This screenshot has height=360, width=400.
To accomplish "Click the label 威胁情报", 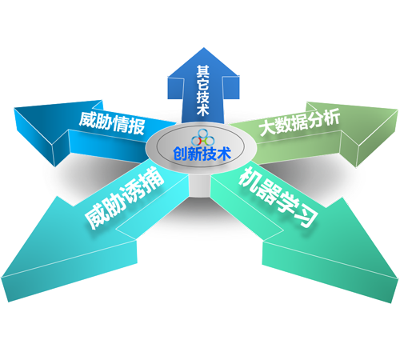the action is [112, 123].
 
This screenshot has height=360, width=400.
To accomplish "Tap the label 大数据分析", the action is [300, 122].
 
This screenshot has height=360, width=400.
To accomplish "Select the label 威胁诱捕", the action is [124, 198].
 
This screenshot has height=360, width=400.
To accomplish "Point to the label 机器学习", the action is [278, 197].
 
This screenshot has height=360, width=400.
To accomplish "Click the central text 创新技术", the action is [202, 154].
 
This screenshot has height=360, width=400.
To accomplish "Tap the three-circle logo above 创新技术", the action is [202, 138].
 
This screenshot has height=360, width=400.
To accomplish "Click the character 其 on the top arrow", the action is [203, 72].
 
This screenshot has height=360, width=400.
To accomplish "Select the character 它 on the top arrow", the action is [203, 85].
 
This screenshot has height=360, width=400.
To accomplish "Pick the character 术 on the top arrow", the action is [203, 110].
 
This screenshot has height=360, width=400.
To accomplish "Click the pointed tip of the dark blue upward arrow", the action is [204, 48].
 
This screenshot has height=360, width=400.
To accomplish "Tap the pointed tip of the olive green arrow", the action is [397, 110].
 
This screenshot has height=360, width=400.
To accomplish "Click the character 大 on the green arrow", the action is [266, 128].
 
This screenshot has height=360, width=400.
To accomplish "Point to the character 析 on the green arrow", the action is [332, 116].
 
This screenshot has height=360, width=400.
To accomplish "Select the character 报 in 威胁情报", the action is [137, 126].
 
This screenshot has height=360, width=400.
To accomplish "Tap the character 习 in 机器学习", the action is [307, 217].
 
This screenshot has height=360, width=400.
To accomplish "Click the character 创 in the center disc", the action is [180, 154].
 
